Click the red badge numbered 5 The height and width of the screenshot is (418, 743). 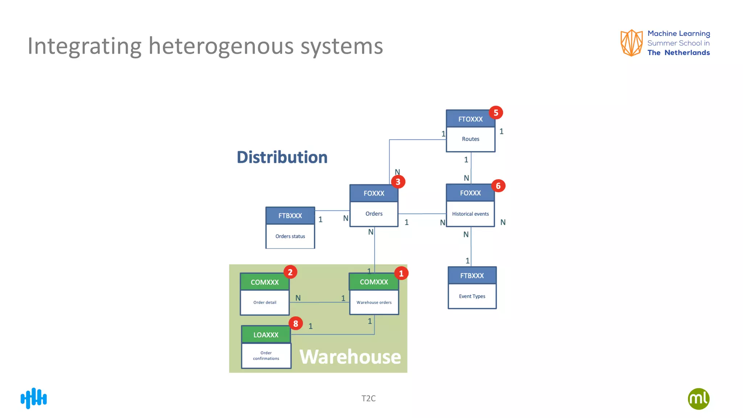(496, 112)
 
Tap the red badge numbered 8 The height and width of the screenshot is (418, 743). (296, 323)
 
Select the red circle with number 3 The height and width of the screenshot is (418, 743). (398, 181)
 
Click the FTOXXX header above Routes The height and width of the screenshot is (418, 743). (470, 119)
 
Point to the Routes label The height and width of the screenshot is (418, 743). (470, 139)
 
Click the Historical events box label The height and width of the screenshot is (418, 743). (470, 214)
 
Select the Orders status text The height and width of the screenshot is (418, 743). (290, 236)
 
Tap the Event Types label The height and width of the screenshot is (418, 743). (472, 296)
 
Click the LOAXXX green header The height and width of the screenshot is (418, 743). (266, 335)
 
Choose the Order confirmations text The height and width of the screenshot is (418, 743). (266, 356)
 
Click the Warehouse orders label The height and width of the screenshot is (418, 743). (374, 302)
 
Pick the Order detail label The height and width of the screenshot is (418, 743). (264, 302)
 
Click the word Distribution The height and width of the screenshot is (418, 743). (282, 157)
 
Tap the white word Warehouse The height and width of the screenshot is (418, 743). (350, 357)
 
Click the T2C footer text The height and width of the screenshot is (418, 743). (368, 398)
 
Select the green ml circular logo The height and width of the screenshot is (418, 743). (698, 399)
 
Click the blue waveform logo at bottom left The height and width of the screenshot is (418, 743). (34, 398)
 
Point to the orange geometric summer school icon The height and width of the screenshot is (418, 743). (631, 43)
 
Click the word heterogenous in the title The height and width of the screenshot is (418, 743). (221, 46)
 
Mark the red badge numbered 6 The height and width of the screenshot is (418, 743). (498, 186)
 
